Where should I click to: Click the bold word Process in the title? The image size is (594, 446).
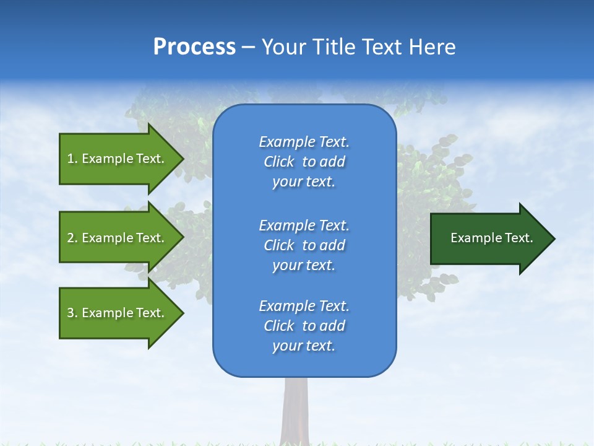(x=194, y=47)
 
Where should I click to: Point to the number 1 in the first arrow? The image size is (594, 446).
(x=71, y=159)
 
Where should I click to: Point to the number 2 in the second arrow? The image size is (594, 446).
(x=71, y=238)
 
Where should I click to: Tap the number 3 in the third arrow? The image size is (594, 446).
(x=71, y=313)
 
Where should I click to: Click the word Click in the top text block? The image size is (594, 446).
(x=278, y=162)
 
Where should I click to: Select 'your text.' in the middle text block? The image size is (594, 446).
(x=304, y=265)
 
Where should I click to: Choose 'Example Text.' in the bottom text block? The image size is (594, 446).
(x=304, y=306)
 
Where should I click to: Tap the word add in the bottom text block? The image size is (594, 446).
(x=332, y=326)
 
